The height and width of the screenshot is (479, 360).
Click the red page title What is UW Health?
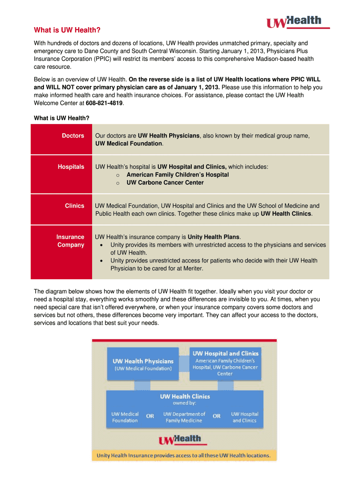(67, 30)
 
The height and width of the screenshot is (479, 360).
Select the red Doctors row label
(73, 136)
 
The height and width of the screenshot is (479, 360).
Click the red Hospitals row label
(71, 167)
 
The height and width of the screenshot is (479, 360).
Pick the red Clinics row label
(75, 206)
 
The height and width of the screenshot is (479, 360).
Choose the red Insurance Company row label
(71, 241)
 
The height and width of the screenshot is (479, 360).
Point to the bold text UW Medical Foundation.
(129, 144)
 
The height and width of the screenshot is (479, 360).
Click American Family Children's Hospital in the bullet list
(178, 174)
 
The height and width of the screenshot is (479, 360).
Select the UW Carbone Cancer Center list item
(165, 182)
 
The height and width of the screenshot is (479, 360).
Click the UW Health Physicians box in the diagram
(143, 363)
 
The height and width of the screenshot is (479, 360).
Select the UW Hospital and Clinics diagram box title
(226, 353)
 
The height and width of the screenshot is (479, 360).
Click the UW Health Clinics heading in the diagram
(185, 396)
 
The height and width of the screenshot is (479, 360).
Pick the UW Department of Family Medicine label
(184, 417)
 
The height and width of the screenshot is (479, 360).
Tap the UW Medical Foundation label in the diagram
(125, 417)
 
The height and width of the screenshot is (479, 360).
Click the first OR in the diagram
(150, 416)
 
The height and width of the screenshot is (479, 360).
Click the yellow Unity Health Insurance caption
(183, 455)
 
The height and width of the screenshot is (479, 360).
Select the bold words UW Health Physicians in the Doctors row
(169, 136)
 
